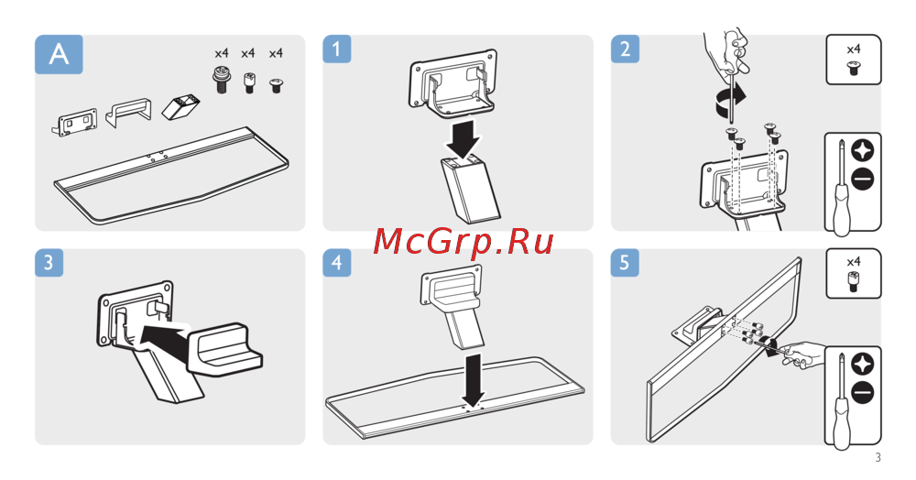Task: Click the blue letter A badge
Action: click(59, 54)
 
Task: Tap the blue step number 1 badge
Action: click(336, 49)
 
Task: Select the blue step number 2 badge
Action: click(625, 49)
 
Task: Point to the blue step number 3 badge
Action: click(49, 263)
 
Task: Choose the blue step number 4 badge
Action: click(336, 263)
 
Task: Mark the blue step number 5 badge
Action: click(625, 263)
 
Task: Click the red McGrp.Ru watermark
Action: click(463, 241)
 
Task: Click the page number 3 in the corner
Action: click(878, 458)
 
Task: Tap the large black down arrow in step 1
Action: click(464, 139)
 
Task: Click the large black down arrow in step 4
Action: click(474, 379)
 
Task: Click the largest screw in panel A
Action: click(221, 80)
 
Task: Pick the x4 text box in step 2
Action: click(854, 59)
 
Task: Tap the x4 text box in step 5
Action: click(854, 273)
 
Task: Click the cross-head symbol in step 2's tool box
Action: click(862, 150)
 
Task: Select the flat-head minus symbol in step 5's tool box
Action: click(862, 392)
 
